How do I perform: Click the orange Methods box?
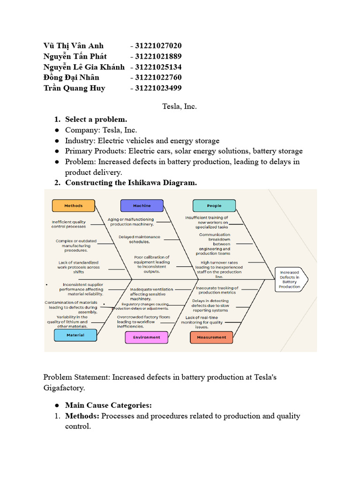73,205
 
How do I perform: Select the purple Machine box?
142,205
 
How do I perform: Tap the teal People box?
214,205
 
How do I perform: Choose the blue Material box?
75,335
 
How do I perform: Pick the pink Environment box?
146,337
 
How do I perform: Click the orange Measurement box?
211,337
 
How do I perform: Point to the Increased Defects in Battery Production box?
290,279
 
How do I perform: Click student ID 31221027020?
158,45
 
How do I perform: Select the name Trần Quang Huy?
74,88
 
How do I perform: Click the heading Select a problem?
96,120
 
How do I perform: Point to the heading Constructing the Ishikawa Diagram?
131,183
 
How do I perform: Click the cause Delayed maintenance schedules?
139,239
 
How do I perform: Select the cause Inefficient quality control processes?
69,224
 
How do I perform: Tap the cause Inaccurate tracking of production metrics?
217,290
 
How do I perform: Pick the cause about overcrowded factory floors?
137,322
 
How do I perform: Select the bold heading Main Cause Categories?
108,405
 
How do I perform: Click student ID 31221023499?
158,88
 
